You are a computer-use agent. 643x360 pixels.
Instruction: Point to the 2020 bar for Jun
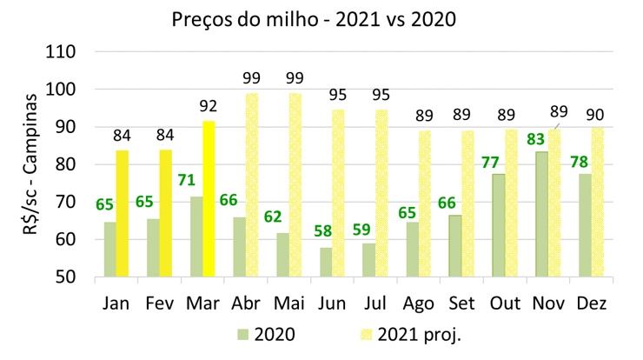[x=326, y=262]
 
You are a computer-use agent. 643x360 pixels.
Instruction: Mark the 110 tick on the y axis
[x=67, y=51]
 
